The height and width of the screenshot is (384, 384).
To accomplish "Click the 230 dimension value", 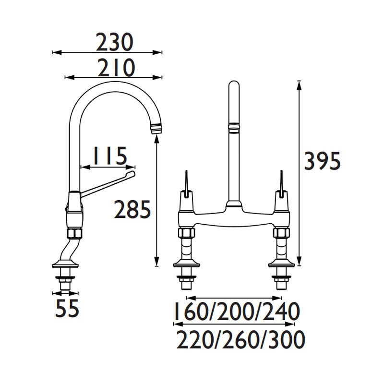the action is pyautogui.click(x=114, y=43).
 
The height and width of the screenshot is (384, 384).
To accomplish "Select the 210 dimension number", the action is pyautogui.click(x=116, y=68).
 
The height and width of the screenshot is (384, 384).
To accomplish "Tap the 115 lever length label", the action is pyautogui.click(x=110, y=156).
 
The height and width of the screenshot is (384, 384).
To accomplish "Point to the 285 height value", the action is pyautogui.click(x=132, y=209).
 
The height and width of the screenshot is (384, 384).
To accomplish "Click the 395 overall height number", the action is pyautogui.click(x=322, y=161).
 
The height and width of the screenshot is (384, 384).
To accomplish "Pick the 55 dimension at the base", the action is pyautogui.click(x=67, y=308).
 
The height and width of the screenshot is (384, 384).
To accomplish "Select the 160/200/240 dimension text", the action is pyautogui.click(x=237, y=311).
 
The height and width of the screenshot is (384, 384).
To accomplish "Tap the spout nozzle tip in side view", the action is pyautogui.click(x=157, y=129).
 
